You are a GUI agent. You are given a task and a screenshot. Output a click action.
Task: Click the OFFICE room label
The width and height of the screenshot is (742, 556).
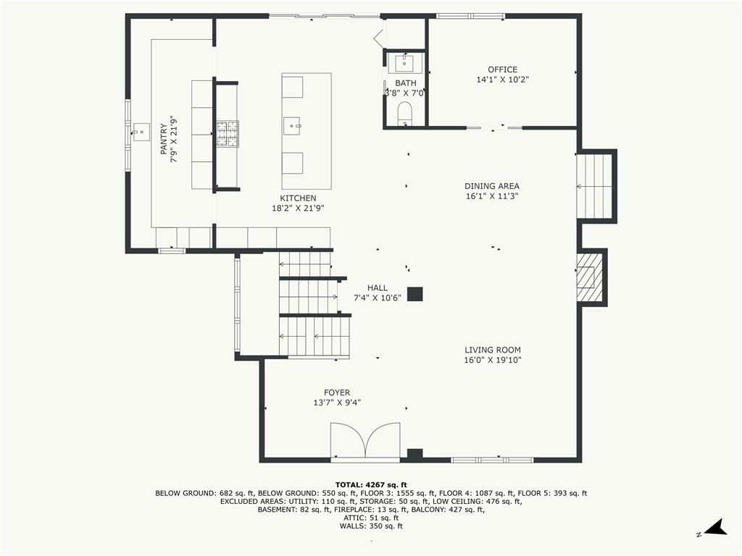click(503, 69)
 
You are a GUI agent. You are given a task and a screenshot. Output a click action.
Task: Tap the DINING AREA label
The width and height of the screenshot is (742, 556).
click(492, 186)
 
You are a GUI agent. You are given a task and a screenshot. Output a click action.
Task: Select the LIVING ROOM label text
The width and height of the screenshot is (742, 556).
click(493, 350)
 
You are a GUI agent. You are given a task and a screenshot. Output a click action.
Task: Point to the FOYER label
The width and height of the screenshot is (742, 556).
click(337, 393)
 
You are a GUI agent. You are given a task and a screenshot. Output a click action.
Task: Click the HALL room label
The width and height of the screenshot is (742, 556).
click(377, 288)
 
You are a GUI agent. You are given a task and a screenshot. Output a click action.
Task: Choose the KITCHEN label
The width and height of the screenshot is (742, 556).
click(298, 198)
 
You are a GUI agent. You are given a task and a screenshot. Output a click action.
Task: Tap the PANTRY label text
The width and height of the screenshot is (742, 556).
click(164, 140)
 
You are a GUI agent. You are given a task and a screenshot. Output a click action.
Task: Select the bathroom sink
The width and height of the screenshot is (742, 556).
click(405, 62)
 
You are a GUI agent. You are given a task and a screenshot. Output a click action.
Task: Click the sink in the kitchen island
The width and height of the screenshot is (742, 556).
click(293, 126)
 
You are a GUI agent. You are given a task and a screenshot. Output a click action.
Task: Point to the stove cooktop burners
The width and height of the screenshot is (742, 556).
click(228, 134)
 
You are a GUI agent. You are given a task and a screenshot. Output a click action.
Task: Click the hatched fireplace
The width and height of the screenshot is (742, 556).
click(589, 277)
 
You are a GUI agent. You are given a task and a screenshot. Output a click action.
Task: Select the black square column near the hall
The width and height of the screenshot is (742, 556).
click(415, 294)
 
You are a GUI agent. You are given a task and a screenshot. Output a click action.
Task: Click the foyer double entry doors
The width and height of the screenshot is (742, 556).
click(365, 440)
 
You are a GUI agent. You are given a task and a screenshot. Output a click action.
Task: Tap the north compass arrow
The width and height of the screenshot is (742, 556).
click(716, 528)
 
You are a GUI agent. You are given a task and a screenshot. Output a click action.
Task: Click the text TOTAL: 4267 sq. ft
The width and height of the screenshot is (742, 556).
click(371, 484)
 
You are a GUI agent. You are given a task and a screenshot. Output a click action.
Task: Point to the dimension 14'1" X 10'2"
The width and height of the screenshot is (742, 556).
click(503, 80)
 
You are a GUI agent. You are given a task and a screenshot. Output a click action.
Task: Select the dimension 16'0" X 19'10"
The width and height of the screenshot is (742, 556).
click(493, 361)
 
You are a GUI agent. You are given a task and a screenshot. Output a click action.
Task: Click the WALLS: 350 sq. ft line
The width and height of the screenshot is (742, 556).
click(371, 526)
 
